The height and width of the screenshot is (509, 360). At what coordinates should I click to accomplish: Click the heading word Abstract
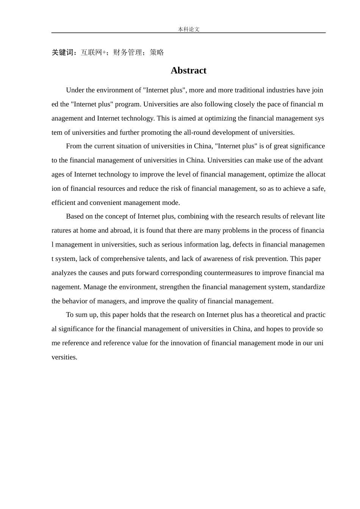pos(188,70)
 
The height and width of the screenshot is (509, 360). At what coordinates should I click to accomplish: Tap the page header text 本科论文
pos(188,29)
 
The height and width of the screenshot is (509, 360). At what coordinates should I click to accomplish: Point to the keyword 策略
pos(157,52)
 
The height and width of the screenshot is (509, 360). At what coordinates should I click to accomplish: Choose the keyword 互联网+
pos(93,52)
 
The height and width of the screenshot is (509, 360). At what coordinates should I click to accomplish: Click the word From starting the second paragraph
pos(74,146)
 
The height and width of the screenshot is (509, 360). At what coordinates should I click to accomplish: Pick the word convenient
pos(105,203)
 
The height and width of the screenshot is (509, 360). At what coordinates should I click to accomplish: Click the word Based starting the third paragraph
pos(75,216)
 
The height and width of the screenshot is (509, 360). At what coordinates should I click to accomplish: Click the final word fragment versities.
pos(64,357)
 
